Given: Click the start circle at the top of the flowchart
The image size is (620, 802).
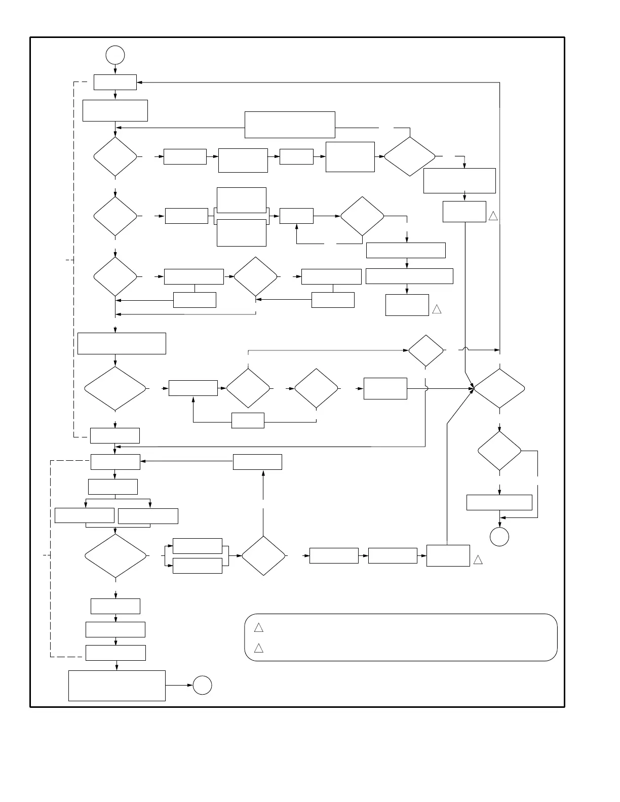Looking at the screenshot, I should (x=115, y=55).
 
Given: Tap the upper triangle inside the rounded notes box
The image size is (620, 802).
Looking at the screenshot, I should (x=258, y=628).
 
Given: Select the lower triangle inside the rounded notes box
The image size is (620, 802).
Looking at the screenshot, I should (x=258, y=648).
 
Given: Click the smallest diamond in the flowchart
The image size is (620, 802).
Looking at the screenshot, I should (x=426, y=350).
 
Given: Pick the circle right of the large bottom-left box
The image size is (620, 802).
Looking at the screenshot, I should (x=202, y=685).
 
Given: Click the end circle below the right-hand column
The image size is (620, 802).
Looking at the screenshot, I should (x=499, y=537).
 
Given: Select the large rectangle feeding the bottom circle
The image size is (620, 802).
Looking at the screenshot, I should (x=117, y=686).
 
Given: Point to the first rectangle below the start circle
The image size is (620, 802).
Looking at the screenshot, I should (x=115, y=82).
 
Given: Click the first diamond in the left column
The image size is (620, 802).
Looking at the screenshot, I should (x=115, y=156).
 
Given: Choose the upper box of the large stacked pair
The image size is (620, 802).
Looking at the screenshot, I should (x=242, y=200).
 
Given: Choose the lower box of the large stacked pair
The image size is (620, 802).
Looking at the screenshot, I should (x=242, y=232).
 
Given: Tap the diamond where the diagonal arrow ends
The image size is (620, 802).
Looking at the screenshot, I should (x=499, y=388).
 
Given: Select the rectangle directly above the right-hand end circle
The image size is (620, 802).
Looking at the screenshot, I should (x=499, y=502).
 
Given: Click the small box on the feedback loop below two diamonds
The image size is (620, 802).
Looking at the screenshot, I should (x=248, y=420).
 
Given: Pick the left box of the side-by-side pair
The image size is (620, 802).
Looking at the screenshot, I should (x=84, y=515).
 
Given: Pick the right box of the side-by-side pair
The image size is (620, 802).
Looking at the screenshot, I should (x=148, y=515).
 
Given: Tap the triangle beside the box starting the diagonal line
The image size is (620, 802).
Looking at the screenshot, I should (x=478, y=560).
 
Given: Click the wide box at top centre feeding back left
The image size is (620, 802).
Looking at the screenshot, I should (x=290, y=125).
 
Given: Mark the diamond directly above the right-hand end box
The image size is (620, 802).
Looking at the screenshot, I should (x=499, y=451).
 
